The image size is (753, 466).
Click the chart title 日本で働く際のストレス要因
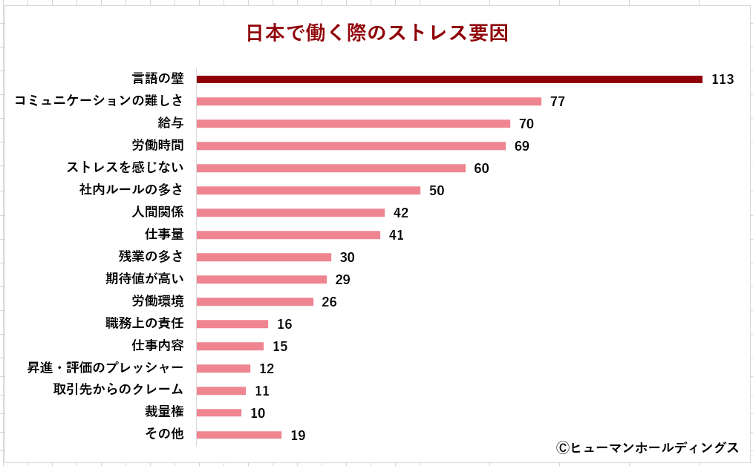(x=377, y=34)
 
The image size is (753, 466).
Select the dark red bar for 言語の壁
(x=449, y=79)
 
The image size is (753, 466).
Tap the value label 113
(x=723, y=79)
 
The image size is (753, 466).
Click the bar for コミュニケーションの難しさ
(x=369, y=102)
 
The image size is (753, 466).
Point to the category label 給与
(x=170, y=123)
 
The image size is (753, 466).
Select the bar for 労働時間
(x=351, y=146)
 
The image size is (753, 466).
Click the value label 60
(x=481, y=168)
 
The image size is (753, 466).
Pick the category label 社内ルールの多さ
(x=131, y=190)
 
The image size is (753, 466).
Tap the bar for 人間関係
(x=290, y=213)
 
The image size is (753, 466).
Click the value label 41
(x=397, y=235)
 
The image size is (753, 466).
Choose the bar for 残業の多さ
(x=264, y=257)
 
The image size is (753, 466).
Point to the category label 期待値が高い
(x=145, y=279)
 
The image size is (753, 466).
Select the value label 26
(x=329, y=302)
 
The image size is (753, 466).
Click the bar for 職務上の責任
(x=232, y=324)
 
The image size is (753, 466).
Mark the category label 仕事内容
(x=157, y=346)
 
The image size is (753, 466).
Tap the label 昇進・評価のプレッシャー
(x=105, y=368)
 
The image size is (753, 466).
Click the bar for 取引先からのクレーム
(x=221, y=391)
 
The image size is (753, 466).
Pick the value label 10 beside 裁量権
(x=258, y=413)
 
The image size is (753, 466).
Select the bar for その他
(x=239, y=436)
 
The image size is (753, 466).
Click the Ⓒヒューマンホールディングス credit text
(x=647, y=447)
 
